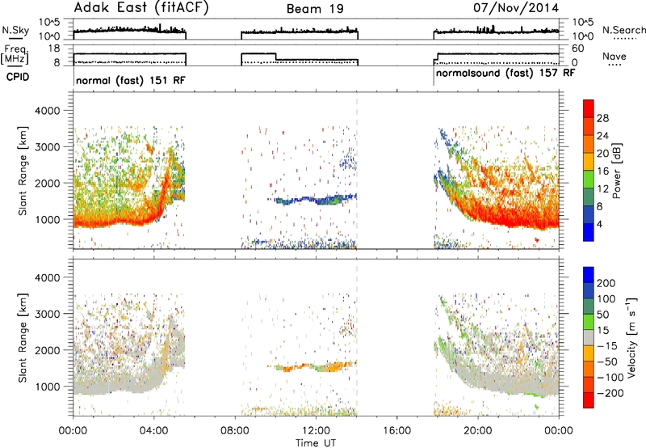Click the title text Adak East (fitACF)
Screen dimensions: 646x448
click(x=141, y=8)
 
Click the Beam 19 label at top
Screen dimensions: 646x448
click(x=315, y=9)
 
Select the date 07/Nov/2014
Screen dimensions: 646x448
click(x=516, y=8)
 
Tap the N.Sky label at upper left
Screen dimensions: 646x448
click(x=15, y=30)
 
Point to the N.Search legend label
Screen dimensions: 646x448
click(x=623, y=30)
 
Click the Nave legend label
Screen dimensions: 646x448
click(x=615, y=57)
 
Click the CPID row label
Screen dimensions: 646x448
click(x=18, y=77)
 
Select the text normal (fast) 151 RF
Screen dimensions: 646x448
click(x=131, y=80)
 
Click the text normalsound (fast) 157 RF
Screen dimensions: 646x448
click(x=505, y=74)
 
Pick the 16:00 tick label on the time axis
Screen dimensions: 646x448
click(x=396, y=431)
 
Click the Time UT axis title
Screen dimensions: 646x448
click(x=316, y=443)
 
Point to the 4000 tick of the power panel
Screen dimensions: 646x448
click(x=48, y=111)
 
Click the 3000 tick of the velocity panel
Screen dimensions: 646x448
click(x=48, y=314)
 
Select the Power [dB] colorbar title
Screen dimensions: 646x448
click(x=616, y=171)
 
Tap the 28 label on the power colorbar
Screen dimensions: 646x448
click(x=602, y=118)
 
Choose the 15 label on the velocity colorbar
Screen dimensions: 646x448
click(x=602, y=331)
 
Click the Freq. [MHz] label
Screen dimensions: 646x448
click(x=15, y=54)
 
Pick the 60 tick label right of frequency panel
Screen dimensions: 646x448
click(x=577, y=49)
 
